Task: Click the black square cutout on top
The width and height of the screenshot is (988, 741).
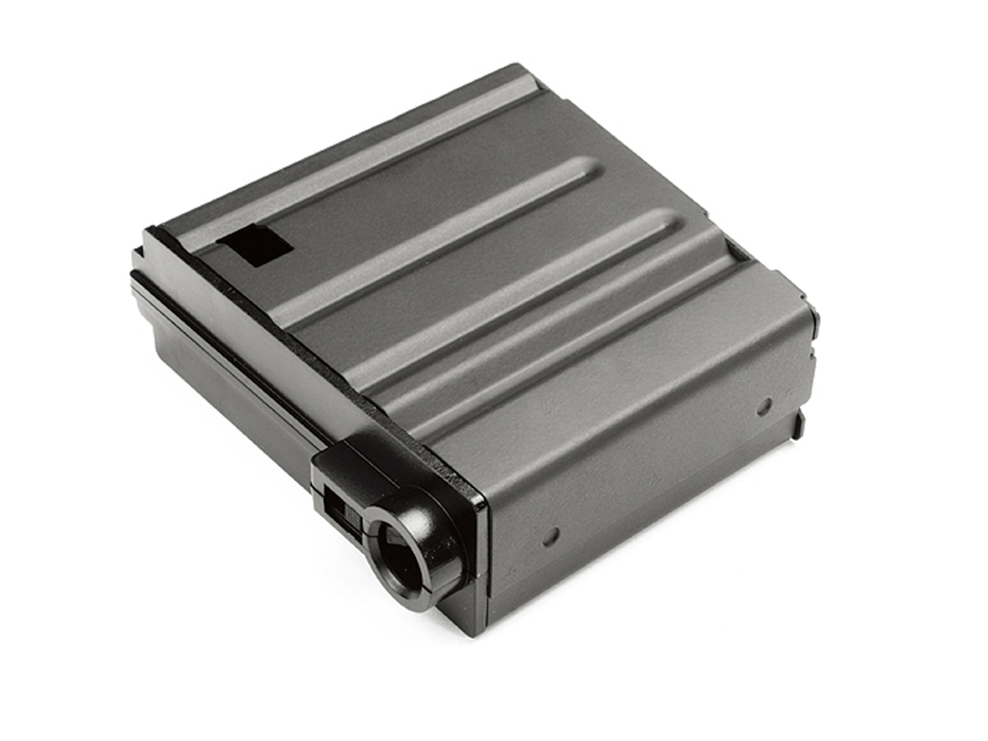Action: point(254,246)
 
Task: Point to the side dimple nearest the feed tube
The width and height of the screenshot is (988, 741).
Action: point(551,537)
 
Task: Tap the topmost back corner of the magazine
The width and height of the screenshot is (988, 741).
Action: point(526,67)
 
